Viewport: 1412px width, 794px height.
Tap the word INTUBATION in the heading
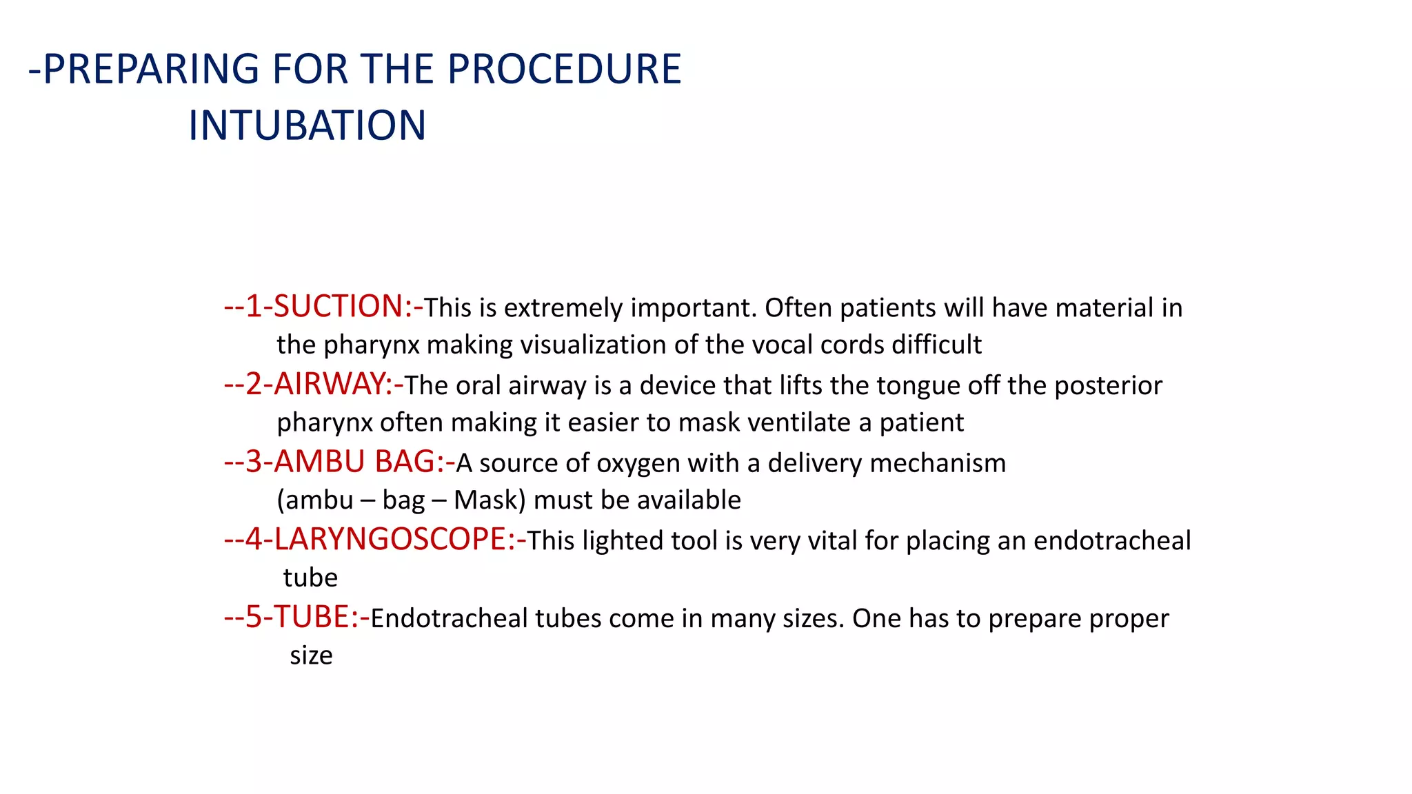click(x=307, y=126)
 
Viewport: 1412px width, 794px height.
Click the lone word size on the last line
click(x=311, y=655)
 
